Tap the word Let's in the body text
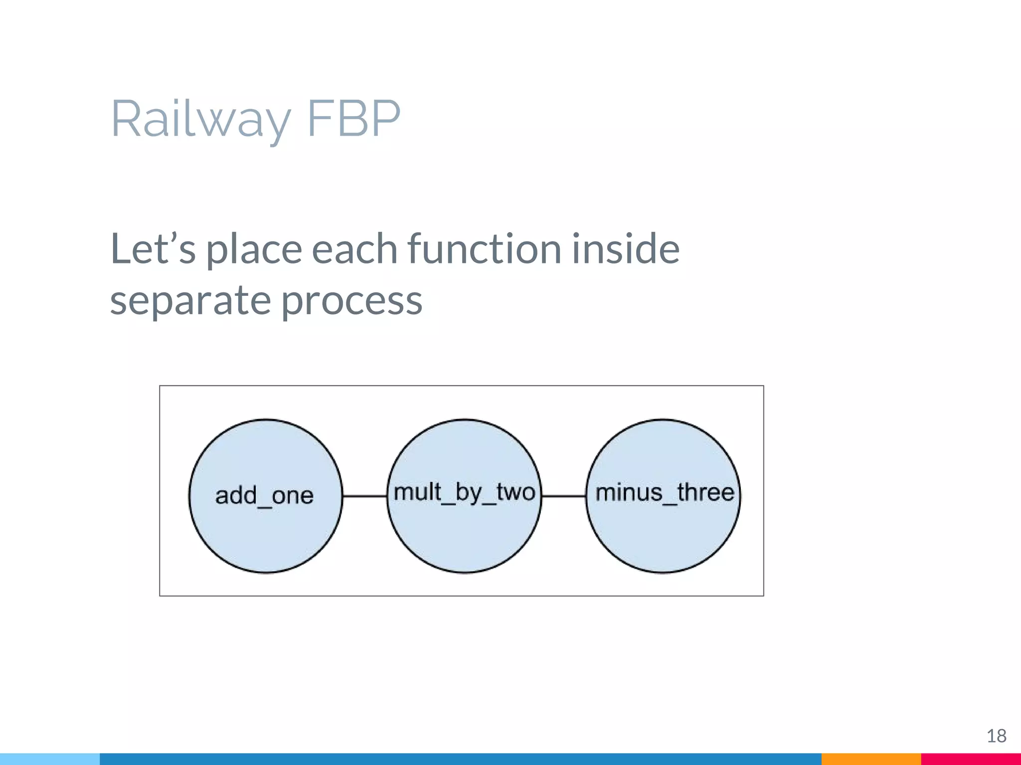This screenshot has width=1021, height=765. pyautogui.click(x=153, y=249)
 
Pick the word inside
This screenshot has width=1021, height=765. pyautogui.click(x=625, y=249)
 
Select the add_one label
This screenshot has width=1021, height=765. pyautogui.click(x=264, y=496)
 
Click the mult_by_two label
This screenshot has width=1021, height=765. pyautogui.click(x=464, y=493)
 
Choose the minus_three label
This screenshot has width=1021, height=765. pyautogui.click(x=665, y=493)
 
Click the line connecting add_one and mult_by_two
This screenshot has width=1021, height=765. pyautogui.click(x=365, y=496)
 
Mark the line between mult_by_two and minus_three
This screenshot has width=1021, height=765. pyautogui.click(x=564, y=496)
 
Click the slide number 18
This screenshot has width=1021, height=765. pyautogui.click(x=996, y=736)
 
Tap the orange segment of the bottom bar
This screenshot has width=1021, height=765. pyautogui.click(x=871, y=759)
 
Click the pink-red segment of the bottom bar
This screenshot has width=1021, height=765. pyautogui.click(x=971, y=759)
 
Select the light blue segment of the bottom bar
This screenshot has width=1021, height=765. pyautogui.click(x=50, y=759)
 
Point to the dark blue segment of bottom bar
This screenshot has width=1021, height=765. pyautogui.click(x=459, y=759)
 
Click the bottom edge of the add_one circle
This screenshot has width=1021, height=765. pyautogui.click(x=266, y=572)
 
